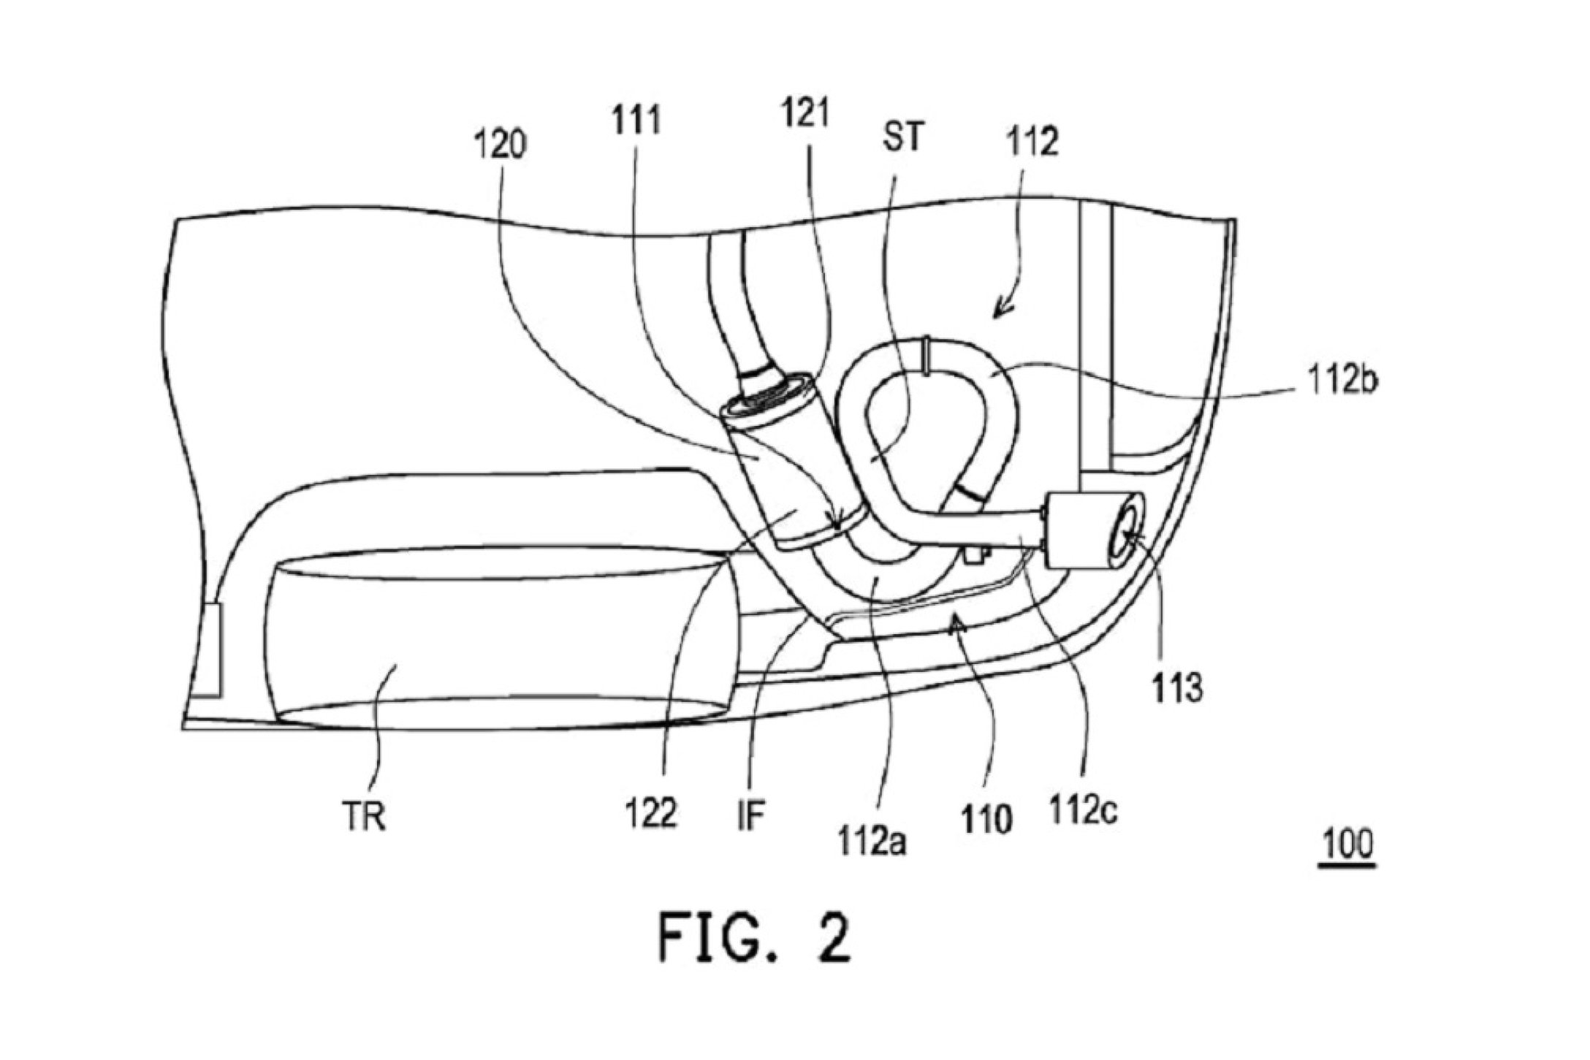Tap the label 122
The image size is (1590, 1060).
[x=650, y=812]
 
